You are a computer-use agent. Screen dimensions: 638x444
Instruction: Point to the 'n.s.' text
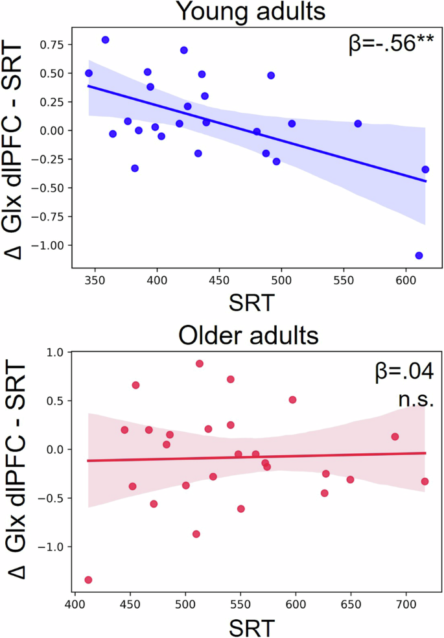pos(415,400)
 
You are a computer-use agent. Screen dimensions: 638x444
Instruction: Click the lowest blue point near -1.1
pos(419,255)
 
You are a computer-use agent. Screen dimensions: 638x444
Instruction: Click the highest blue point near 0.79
pos(106,40)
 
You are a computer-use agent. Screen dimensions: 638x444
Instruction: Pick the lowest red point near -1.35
pos(88,580)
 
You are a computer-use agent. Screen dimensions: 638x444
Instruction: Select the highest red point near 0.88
pos(200,364)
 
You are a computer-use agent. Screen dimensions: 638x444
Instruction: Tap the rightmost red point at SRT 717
pos(425,481)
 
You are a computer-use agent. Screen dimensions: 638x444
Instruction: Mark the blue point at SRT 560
pos(358,123)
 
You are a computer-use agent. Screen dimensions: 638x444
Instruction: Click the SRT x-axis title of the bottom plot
pos(252,628)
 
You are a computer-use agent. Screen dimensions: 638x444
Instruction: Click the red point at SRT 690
pos(395,436)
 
